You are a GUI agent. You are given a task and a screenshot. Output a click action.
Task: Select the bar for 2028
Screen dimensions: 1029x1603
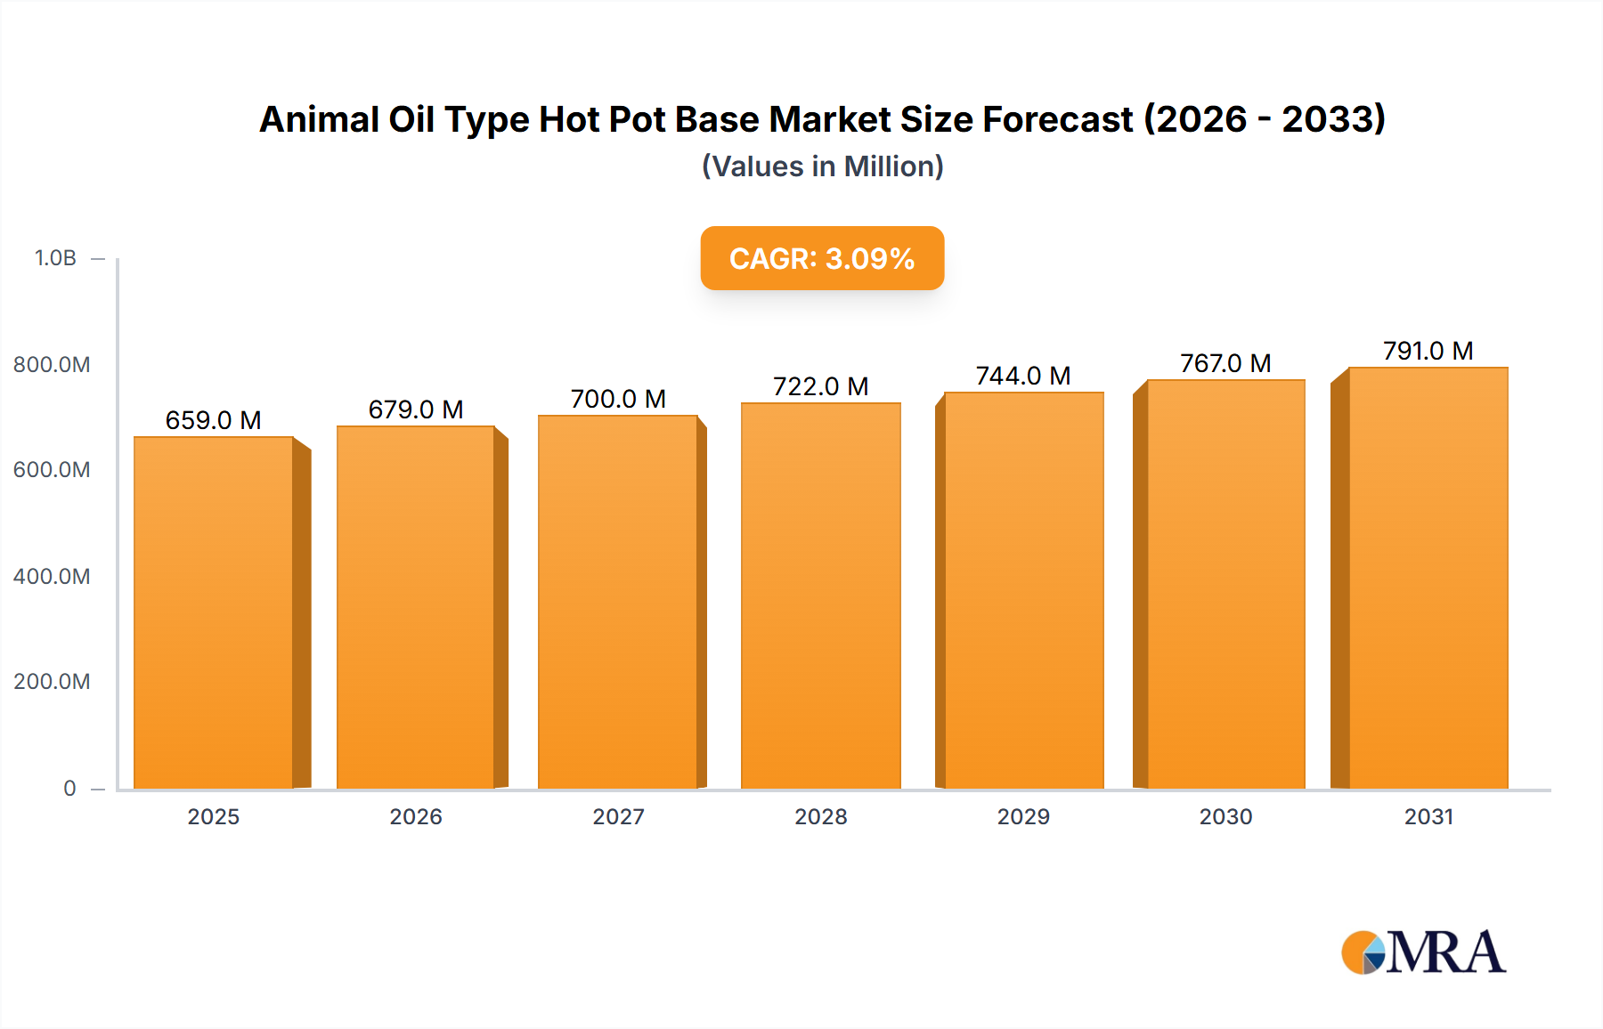tap(820, 596)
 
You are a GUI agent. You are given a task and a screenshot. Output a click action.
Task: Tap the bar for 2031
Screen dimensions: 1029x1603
tap(1428, 578)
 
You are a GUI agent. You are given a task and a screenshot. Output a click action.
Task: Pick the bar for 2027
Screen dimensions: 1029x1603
tap(618, 602)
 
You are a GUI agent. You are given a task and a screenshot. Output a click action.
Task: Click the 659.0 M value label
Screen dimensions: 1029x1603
tap(214, 420)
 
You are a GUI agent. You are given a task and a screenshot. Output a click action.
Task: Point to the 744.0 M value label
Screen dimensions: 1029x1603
tap(1023, 376)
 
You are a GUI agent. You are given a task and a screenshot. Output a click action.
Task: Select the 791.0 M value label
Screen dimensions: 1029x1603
tap(1428, 351)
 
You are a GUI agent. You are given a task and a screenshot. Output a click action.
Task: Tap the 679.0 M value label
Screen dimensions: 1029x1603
tap(416, 409)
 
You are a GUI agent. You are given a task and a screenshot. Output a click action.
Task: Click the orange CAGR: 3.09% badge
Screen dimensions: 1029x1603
tap(822, 258)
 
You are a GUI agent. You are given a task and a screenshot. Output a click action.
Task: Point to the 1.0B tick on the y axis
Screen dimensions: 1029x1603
tap(55, 258)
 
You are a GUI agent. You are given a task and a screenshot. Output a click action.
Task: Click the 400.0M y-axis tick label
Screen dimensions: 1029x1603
tap(52, 576)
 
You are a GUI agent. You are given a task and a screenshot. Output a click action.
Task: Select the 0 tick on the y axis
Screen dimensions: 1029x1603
tap(69, 788)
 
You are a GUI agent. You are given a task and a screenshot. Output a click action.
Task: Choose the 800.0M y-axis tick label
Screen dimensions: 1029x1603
tap(52, 364)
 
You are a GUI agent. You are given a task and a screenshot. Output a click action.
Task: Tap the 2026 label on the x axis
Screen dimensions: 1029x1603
tap(416, 816)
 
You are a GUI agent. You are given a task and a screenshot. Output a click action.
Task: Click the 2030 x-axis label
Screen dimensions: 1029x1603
tap(1225, 816)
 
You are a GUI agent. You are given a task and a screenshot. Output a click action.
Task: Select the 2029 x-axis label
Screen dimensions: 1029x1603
tap(1023, 816)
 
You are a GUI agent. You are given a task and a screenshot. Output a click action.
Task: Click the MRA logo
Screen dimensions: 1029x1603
tap(1423, 952)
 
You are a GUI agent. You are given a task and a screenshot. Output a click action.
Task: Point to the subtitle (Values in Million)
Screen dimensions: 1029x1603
tap(822, 166)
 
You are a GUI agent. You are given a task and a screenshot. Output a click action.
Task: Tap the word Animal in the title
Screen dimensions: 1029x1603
tap(319, 119)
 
